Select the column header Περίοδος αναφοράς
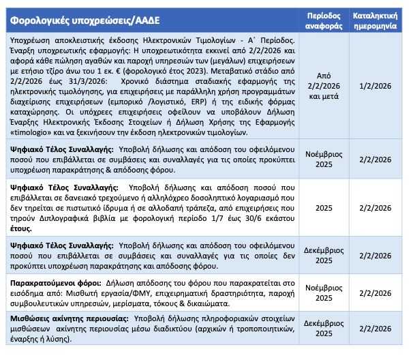(x=329, y=19)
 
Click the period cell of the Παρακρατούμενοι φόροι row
(x=329, y=292)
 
